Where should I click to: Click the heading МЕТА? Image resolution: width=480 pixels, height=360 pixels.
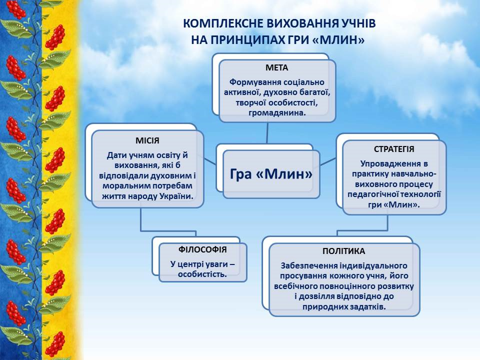click(x=276, y=67)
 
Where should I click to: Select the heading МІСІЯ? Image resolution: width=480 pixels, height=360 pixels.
click(x=147, y=140)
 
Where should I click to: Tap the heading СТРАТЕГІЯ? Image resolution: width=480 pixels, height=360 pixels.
click(x=394, y=149)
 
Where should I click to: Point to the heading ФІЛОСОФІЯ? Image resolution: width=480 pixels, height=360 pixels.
click(x=202, y=249)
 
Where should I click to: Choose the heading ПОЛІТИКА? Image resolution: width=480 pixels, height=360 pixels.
click(x=344, y=251)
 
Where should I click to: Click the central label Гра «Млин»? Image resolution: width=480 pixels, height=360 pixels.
click(x=271, y=174)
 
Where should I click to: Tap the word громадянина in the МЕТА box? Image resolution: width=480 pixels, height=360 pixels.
click(x=277, y=112)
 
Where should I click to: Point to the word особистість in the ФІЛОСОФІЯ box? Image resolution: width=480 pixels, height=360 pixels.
click(x=202, y=274)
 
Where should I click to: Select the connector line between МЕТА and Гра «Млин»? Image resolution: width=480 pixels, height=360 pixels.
click(x=267, y=133)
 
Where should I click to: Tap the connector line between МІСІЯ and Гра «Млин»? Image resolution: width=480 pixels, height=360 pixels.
click(x=209, y=161)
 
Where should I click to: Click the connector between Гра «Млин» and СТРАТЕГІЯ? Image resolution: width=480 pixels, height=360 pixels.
click(x=328, y=161)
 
